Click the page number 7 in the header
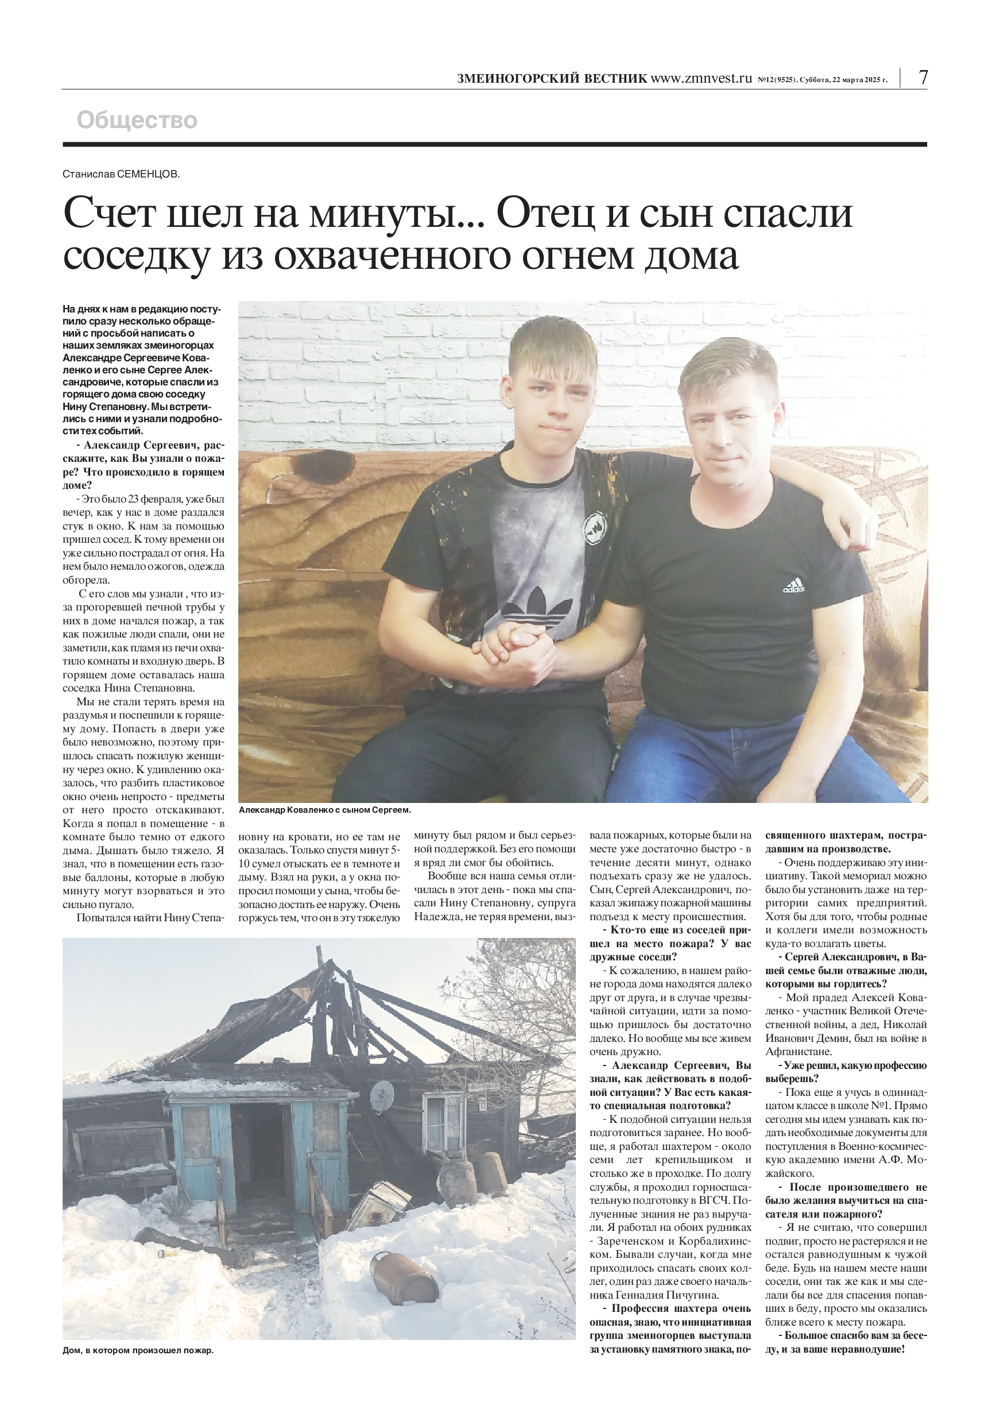point(923,78)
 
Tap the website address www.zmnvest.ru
point(700,79)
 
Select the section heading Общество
point(137,120)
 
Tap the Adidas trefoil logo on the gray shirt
point(536,607)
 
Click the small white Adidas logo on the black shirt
point(793,586)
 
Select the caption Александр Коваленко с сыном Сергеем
point(324,810)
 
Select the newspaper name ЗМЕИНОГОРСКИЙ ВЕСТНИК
point(552,79)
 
